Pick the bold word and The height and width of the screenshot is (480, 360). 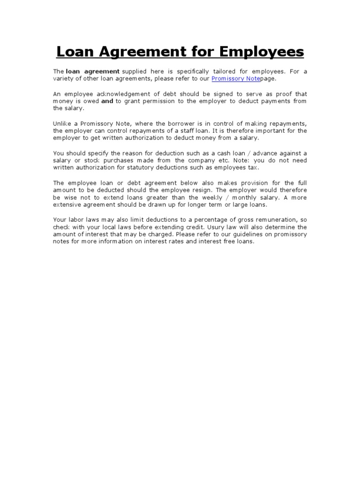click(107, 101)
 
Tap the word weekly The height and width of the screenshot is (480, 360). click(216, 197)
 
